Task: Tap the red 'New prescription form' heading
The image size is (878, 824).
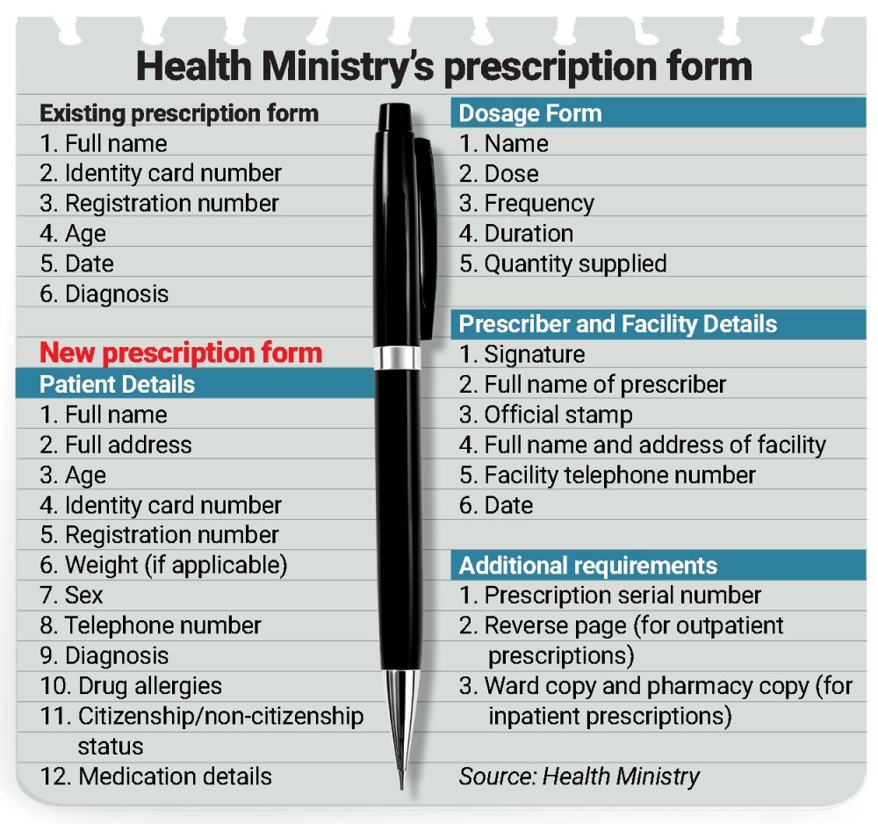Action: click(x=182, y=353)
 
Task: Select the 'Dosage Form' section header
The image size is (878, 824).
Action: click(x=530, y=113)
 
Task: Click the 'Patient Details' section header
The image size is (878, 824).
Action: click(x=117, y=384)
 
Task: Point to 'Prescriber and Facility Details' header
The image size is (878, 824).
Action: click(x=617, y=323)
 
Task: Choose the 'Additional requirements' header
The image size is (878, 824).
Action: click(x=587, y=566)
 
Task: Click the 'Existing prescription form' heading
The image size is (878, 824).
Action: click(x=178, y=113)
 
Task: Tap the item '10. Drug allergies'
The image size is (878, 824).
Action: click(x=131, y=685)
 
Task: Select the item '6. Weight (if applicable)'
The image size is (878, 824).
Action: click(x=163, y=565)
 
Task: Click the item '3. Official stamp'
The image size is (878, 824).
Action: click(x=545, y=415)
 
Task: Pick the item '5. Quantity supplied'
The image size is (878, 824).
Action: click(x=563, y=264)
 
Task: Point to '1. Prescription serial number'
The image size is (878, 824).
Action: click(x=610, y=596)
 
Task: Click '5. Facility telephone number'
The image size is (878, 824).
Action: click(x=607, y=475)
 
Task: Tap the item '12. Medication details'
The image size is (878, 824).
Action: click(x=155, y=776)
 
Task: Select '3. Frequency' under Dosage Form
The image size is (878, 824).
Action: click(x=527, y=204)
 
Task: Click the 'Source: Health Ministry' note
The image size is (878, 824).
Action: click(x=579, y=776)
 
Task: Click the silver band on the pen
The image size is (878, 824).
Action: click(x=399, y=358)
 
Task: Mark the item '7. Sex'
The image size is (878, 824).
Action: click(x=71, y=596)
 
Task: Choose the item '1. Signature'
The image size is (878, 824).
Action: click(x=522, y=355)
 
